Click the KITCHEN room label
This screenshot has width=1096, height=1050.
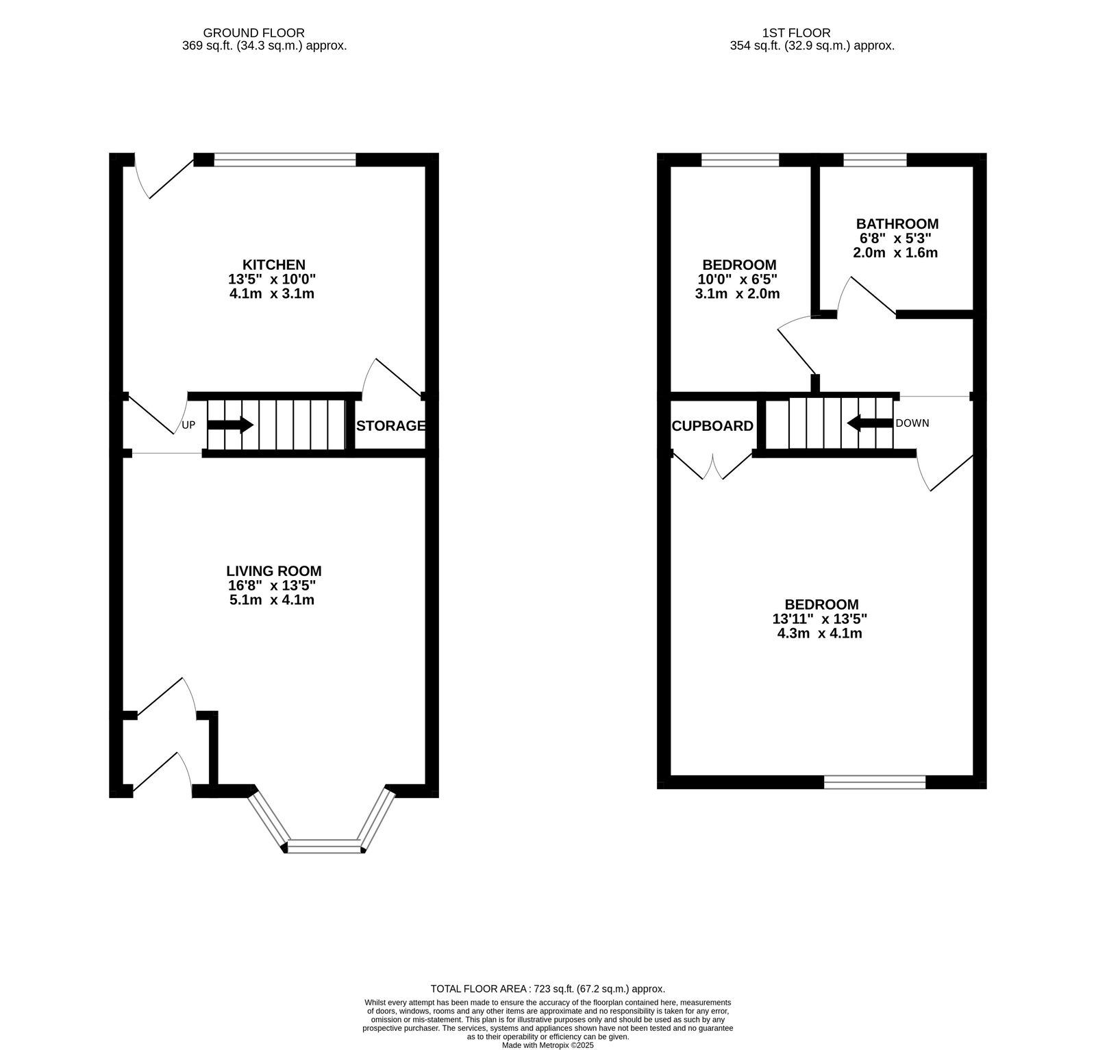coord(274,264)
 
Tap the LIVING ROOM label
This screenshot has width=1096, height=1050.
coord(274,571)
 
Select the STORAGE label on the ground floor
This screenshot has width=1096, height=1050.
coord(390,425)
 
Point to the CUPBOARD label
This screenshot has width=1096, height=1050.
coord(712,425)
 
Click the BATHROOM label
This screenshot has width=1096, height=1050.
coord(897,223)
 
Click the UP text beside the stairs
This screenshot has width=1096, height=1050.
coord(188,425)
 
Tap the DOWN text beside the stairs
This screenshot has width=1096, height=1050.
coord(912,423)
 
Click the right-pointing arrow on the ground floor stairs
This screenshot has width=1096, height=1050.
coord(231,425)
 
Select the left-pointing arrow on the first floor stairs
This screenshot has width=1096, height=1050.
coord(870,423)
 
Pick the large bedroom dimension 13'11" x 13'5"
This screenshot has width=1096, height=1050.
coord(820,618)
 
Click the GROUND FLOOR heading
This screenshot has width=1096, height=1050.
coord(254,32)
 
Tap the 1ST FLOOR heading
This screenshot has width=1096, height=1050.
coord(797,32)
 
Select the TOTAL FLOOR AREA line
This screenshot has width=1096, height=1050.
coord(548,988)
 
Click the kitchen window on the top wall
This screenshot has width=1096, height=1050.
coord(285,160)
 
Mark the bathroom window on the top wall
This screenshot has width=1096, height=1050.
coord(875,160)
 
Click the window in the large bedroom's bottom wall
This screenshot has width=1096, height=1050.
coord(875,782)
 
